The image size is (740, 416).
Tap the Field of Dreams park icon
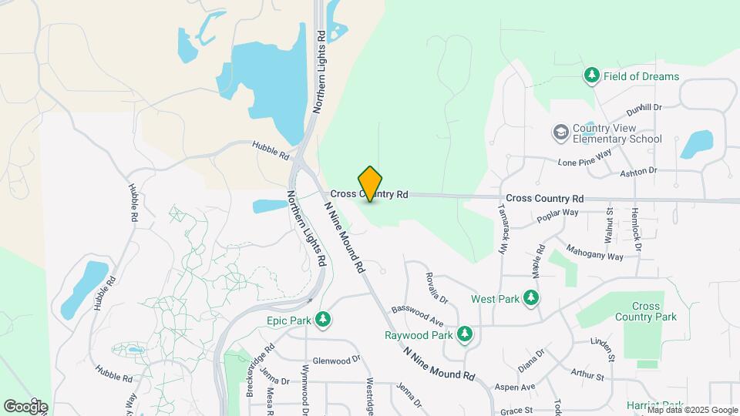(x=591, y=75)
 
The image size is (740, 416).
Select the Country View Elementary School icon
(x=560, y=133)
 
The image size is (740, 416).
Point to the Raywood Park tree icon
(x=464, y=334)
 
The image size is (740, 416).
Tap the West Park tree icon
(x=530, y=298)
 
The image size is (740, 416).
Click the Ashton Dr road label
(x=638, y=171)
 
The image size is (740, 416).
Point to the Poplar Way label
(x=560, y=213)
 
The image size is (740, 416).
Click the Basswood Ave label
(x=417, y=315)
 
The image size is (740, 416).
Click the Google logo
(x=25, y=406)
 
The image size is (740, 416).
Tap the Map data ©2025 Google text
(x=691, y=410)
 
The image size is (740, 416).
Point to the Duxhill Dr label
(x=644, y=108)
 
